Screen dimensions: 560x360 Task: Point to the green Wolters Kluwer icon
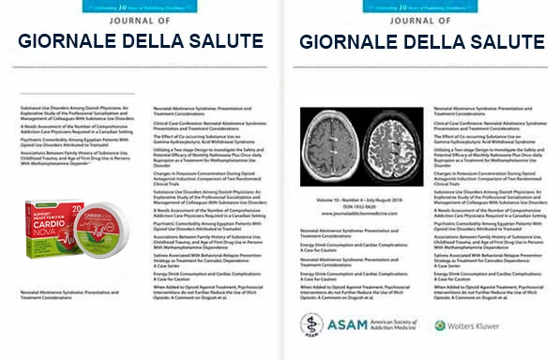tap(440, 325)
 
